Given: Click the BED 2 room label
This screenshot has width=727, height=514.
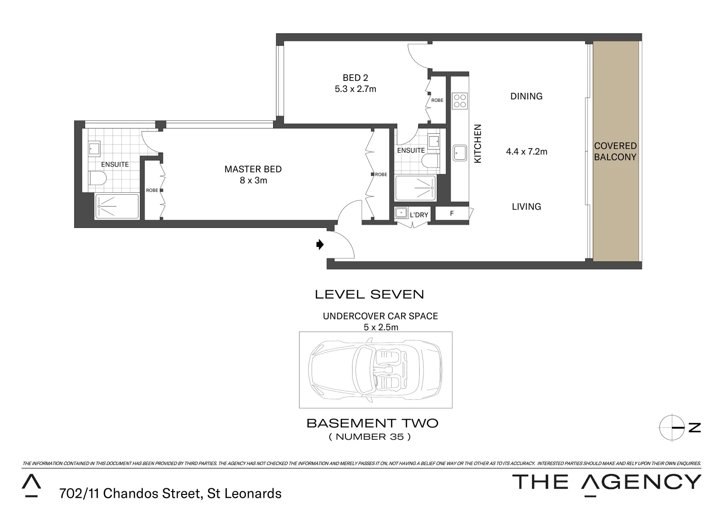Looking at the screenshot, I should [355, 78].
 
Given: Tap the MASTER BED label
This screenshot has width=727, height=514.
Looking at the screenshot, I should [253, 169].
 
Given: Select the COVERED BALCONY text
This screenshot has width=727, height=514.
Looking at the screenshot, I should [615, 151].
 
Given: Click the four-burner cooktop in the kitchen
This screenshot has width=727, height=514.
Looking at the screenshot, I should [460, 101].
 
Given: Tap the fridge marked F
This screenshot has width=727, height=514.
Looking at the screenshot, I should [452, 214].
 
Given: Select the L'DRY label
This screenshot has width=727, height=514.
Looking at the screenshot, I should [419, 215].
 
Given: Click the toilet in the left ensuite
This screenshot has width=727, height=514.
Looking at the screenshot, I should [98, 179].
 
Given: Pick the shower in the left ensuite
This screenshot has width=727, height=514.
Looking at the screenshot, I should [117, 206].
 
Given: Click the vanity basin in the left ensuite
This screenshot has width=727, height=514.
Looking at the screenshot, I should [94, 148].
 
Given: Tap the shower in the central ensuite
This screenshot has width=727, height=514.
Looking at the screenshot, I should [415, 188].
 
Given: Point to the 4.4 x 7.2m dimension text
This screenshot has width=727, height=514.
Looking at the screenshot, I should [526, 152].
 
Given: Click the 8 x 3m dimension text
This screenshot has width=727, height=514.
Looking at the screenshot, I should [253, 180].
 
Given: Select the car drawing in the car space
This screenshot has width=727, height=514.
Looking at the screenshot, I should [375, 370].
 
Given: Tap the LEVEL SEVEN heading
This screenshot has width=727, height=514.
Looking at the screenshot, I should [369, 295].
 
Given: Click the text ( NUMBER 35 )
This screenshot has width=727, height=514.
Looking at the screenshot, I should [370, 436].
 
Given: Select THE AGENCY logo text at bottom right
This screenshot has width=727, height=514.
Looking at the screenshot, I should [606, 482].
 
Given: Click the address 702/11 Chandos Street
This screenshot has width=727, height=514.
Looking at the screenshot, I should [170, 494].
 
